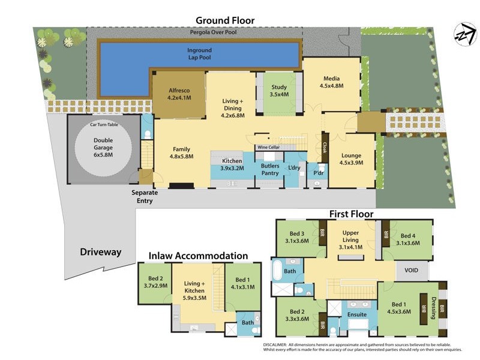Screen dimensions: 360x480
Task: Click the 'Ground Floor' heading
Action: tap(225, 20)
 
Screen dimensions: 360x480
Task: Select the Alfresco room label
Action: tap(179, 94)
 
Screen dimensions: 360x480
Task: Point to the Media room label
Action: tap(332, 82)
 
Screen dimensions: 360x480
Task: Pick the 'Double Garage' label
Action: tap(103, 148)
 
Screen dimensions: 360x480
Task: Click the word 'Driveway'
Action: tap(101, 252)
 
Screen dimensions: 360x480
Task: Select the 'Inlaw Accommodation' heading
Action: tap(198, 256)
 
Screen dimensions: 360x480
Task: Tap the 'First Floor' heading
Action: tap(351, 214)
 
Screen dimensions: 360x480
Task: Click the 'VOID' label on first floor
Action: tap(412, 271)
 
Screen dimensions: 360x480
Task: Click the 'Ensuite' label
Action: tap(358, 314)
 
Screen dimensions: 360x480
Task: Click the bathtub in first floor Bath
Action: tap(277, 271)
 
